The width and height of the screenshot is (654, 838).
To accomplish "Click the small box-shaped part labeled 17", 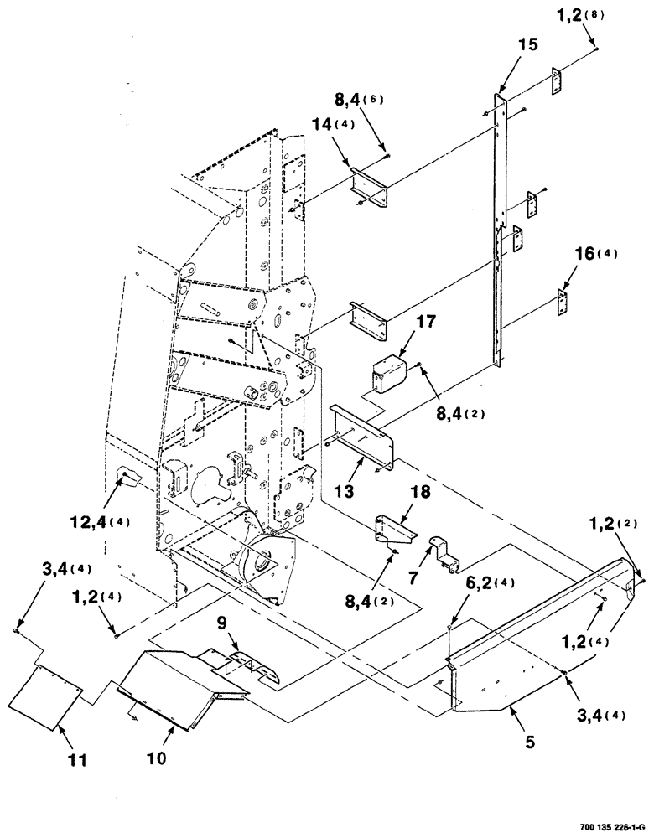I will click(387, 373).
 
